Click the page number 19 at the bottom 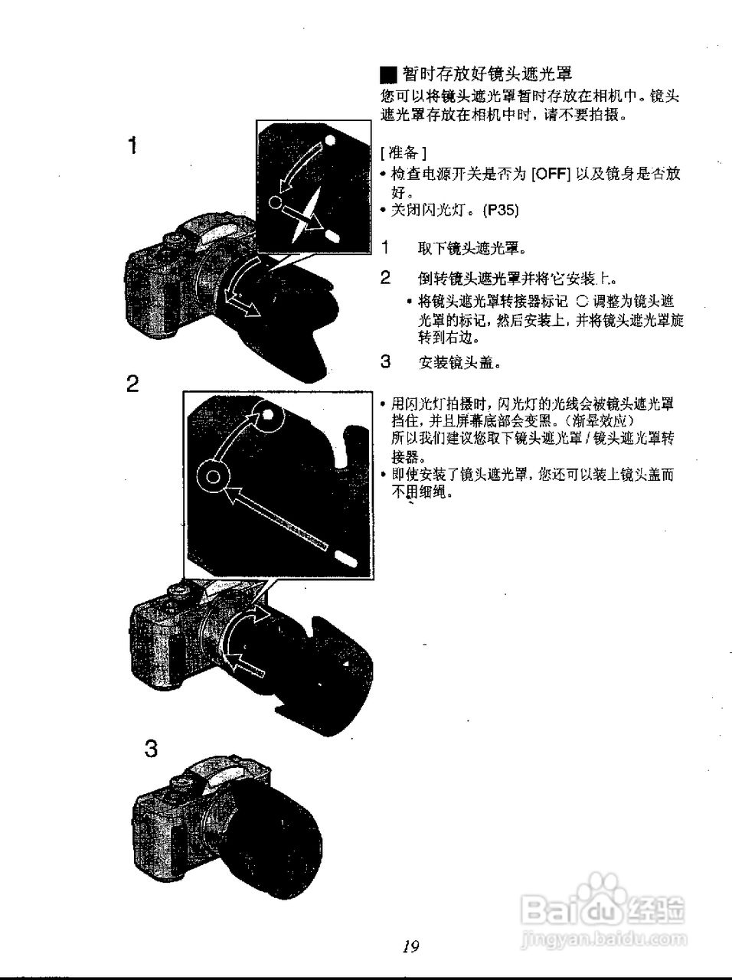tap(410, 947)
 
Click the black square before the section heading tap(388, 75)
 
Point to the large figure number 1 tap(133, 145)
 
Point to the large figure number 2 tap(133, 384)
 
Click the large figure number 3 tap(152, 748)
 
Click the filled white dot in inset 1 tap(330, 140)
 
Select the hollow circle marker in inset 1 tap(276, 202)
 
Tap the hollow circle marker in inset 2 tap(215, 479)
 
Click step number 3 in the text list tap(386, 361)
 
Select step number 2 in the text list tap(386, 276)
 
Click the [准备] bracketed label tap(397, 152)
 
